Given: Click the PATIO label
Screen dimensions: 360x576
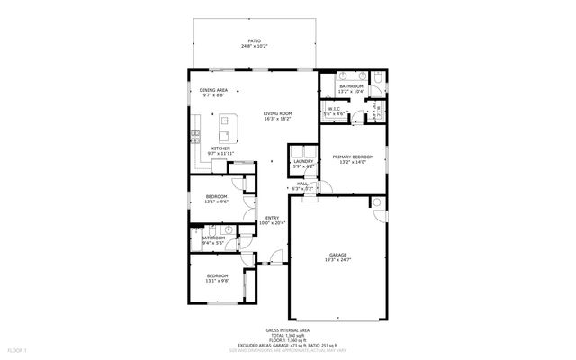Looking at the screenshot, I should pyautogui.click(x=255, y=40).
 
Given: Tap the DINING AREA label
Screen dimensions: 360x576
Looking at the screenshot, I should pyautogui.click(x=213, y=90).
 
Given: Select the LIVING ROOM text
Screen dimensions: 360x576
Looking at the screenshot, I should pyautogui.click(x=277, y=113).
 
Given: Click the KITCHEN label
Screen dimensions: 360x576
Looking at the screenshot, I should pyautogui.click(x=220, y=148).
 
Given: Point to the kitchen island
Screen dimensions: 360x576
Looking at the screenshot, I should pyautogui.click(x=229, y=129).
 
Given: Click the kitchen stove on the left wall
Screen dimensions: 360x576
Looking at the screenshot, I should pyautogui.click(x=193, y=137).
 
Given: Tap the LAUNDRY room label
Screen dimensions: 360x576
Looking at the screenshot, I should pyautogui.click(x=303, y=161).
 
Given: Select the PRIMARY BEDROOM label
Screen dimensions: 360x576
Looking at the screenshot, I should pyautogui.click(x=353, y=157).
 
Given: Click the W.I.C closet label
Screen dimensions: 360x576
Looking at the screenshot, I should pyautogui.click(x=333, y=111).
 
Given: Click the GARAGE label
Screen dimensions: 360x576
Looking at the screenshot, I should pyautogui.click(x=339, y=255).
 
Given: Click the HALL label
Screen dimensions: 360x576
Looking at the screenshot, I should pyautogui.click(x=303, y=184).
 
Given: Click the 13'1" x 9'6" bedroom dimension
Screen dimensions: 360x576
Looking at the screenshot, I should pyautogui.click(x=217, y=202).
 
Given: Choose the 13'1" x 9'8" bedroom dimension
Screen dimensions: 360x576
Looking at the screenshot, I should pyautogui.click(x=217, y=280).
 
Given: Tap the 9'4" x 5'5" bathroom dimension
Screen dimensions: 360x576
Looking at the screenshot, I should pyautogui.click(x=213, y=243).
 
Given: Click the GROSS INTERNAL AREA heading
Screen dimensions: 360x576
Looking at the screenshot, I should pyautogui.click(x=288, y=330).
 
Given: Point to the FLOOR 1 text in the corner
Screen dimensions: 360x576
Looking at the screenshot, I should pyautogui.click(x=18, y=348).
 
